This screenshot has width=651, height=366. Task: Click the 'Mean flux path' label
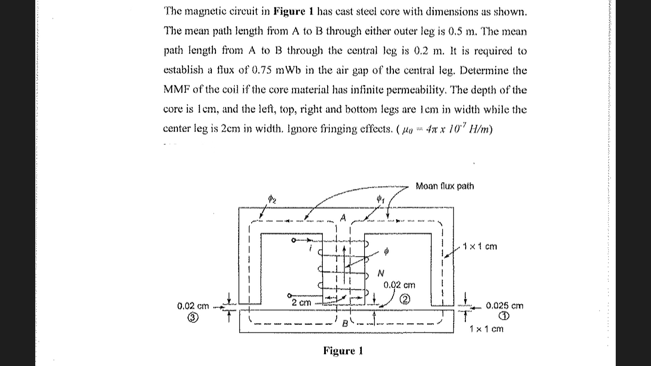point(445,186)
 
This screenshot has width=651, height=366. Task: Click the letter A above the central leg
point(343,218)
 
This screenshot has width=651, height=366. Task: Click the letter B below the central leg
point(345,323)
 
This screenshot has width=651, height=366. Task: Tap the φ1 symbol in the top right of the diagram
point(381,199)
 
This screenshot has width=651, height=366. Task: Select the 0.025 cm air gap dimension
point(505,306)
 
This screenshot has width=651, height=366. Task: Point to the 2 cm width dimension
point(301,302)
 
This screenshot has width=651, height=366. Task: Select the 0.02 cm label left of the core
point(193,306)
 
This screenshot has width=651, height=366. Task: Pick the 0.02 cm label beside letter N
point(399,285)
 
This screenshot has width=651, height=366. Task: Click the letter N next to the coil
point(381,273)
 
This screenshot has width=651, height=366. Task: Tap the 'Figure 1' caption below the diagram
point(343,350)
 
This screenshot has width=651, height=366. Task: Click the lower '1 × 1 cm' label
point(486,329)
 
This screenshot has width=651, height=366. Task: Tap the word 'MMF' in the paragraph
point(177,90)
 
